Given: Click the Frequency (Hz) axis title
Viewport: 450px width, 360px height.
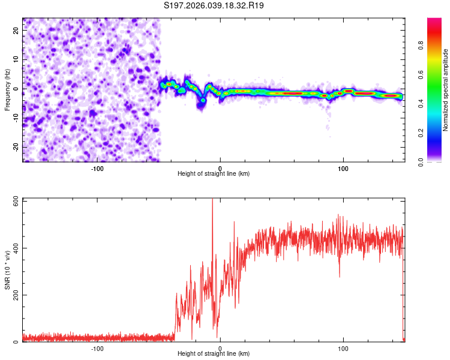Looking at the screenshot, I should click(x=7, y=89).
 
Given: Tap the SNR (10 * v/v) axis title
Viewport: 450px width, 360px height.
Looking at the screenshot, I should click(x=7, y=269).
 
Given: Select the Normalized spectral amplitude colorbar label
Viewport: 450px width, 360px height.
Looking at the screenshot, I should click(x=446, y=90).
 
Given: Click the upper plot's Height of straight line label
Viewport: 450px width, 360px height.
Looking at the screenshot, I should click(x=214, y=173).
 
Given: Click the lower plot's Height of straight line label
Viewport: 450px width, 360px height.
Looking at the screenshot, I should click(x=214, y=353).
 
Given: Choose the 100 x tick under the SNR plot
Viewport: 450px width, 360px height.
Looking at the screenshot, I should click(x=343, y=348).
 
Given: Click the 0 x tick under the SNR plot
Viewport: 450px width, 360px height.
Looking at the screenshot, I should click(x=220, y=348).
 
